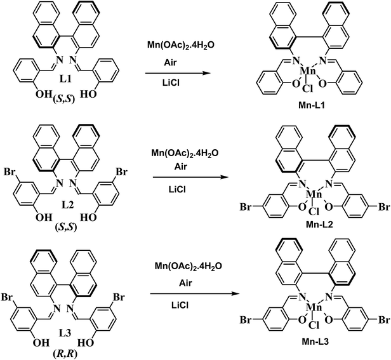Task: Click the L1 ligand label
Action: click(x=65, y=79)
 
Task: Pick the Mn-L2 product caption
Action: click(x=319, y=225)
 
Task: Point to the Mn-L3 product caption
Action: click(x=315, y=342)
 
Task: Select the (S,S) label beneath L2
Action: click(x=66, y=227)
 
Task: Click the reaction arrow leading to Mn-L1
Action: click(x=178, y=74)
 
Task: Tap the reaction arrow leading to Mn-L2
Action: click(x=190, y=177)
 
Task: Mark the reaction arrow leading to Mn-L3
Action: click(x=193, y=293)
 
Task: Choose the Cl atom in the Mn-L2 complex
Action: click(x=314, y=211)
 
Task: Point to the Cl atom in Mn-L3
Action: click(x=314, y=325)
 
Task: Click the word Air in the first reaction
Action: click(x=170, y=63)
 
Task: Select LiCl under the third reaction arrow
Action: click(x=180, y=305)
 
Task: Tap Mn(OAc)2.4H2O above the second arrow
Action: click(x=185, y=154)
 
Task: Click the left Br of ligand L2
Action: click(x=10, y=173)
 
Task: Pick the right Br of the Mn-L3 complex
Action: click(x=384, y=320)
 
